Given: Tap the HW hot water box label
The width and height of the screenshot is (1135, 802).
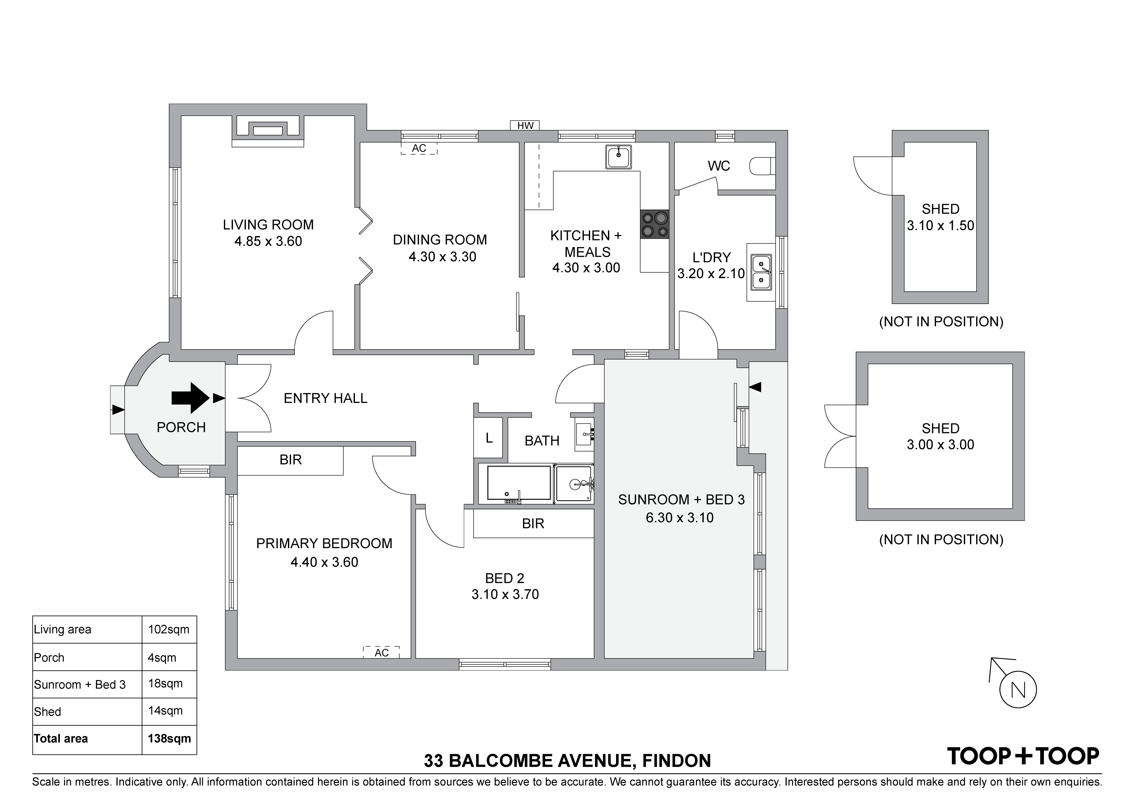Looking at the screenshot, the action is coord(525,125).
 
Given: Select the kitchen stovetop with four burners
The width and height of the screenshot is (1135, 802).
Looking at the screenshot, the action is coord(655,224).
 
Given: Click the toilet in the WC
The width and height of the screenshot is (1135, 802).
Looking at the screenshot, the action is coord(762,167).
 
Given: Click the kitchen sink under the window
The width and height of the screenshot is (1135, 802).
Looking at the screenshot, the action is coord(618,157).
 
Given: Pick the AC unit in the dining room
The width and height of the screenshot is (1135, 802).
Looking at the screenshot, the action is coord(419,148).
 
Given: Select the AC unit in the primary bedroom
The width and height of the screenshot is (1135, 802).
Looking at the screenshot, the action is coord(381,652).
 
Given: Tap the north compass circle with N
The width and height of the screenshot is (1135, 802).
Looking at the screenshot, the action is coord(1018,690).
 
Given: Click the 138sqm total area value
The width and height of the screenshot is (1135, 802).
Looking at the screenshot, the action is coord(169,738).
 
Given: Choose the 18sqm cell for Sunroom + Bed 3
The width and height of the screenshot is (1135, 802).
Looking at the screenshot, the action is coord(165,684).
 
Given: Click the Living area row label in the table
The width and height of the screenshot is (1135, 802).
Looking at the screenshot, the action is coord(62,630).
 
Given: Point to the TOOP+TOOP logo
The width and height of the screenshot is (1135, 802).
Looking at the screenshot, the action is coord(1023,756).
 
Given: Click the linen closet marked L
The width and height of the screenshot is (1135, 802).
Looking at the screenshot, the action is coord(489,438).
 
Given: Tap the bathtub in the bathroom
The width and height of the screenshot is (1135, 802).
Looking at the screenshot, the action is coord(519,484).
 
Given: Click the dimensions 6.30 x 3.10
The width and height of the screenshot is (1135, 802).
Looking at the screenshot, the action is coord(680,517).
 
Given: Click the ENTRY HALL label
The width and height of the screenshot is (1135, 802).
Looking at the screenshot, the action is coord(325,398).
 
